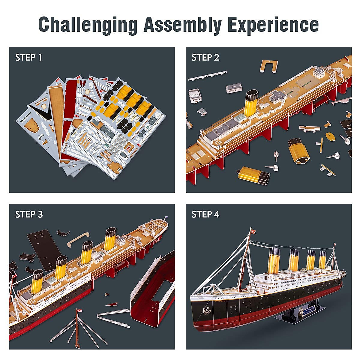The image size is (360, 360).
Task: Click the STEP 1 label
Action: tap(29, 57)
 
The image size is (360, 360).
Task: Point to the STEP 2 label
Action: tap(205, 57)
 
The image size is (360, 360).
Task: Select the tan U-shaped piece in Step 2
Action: tap(269, 65)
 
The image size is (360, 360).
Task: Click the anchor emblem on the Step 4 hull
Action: tap(206, 310)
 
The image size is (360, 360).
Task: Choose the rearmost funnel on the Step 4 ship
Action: tap(322, 259)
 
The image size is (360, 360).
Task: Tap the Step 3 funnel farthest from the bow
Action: tap(111, 238)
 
